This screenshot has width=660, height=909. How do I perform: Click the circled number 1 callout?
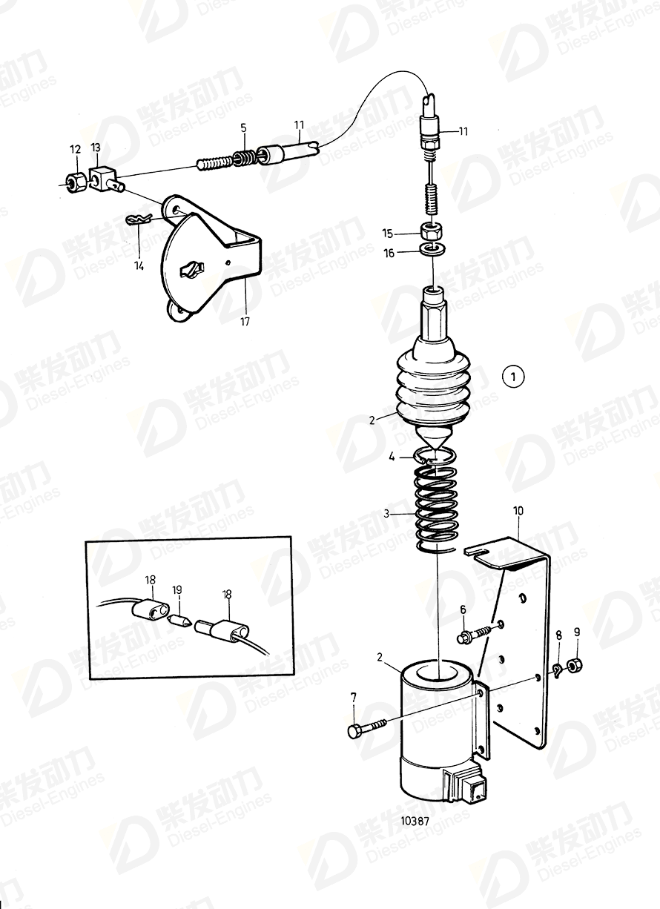513,377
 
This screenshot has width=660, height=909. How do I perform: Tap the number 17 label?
245,322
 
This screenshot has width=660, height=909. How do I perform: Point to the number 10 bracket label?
518,511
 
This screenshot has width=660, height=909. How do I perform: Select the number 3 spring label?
386,514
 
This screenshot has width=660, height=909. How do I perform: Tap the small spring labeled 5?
244,156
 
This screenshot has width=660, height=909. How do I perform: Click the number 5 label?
243,128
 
